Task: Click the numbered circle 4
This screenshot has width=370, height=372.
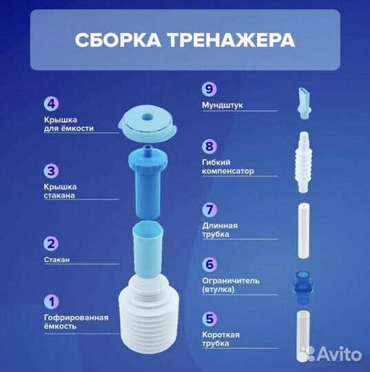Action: click(x=51, y=105)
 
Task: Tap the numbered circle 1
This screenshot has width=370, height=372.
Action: click(x=51, y=301)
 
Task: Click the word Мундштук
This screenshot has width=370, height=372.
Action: click(x=223, y=106)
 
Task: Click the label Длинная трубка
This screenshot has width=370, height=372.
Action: click(x=220, y=230)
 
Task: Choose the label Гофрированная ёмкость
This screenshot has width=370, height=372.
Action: click(x=76, y=322)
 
